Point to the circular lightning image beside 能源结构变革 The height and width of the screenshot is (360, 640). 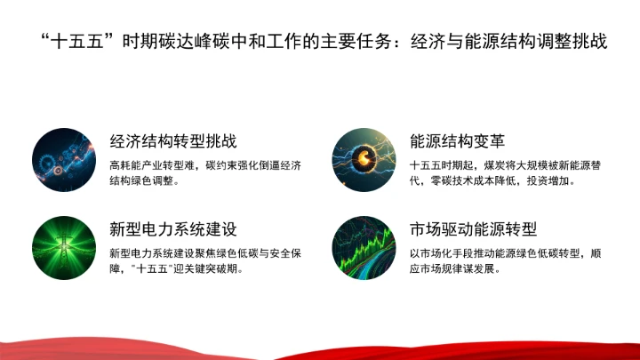pyautogui.click(x=364, y=161)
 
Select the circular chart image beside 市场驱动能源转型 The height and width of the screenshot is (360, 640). pyautogui.click(x=364, y=248)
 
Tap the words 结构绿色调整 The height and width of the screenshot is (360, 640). pyautogui.click(x=140, y=181)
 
